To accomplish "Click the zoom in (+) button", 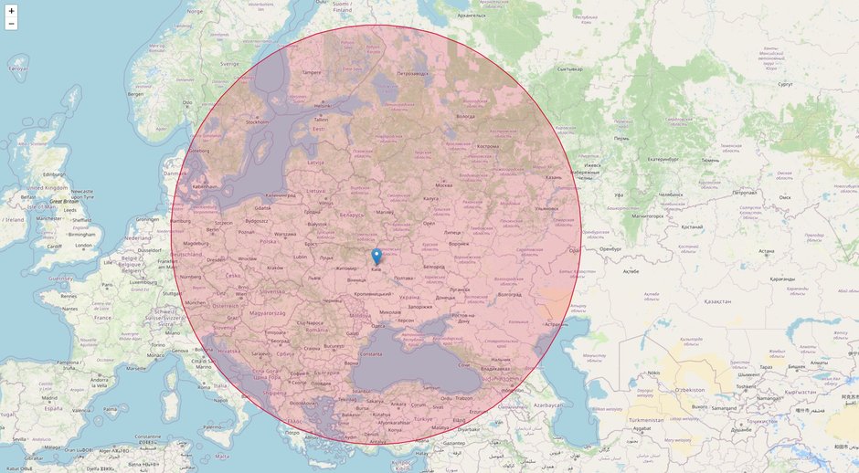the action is pos(11,11).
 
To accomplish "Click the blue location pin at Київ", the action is pos(376,257).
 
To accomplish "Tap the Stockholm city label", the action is pos(258,121).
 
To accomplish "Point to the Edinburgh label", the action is pos(54,174).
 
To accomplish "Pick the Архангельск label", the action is pos(472,16).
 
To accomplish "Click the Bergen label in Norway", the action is pos(136,94).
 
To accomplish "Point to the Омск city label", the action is pos(783,197).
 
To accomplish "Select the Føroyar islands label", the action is pos(17,68).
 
